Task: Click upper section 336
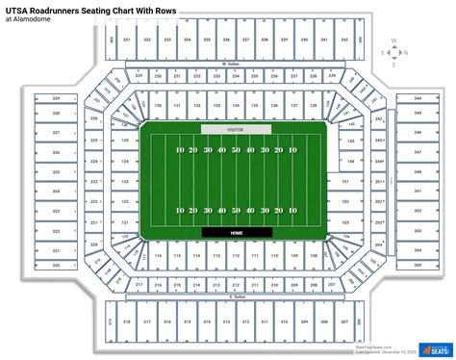(x=226, y=39)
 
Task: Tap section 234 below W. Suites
(x=226, y=75)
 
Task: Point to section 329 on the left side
(x=57, y=99)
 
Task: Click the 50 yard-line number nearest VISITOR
(x=236, y=151)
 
